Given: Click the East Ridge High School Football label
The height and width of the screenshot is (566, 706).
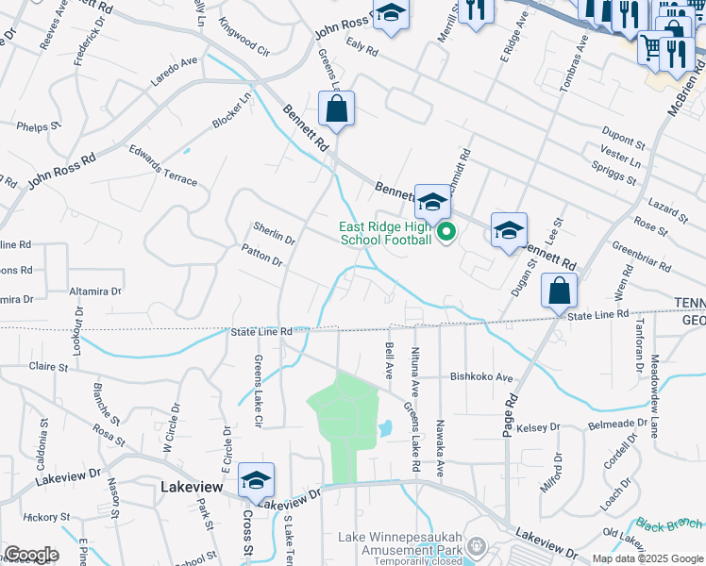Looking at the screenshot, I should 386,233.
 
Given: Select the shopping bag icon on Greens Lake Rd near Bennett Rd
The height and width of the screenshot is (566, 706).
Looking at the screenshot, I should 336,110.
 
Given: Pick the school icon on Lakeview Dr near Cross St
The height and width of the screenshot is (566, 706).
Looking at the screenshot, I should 256,482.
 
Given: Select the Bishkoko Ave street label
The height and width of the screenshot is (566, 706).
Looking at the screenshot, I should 481,375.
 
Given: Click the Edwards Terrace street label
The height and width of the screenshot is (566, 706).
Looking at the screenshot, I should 164,166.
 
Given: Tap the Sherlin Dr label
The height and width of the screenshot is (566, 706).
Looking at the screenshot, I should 275,232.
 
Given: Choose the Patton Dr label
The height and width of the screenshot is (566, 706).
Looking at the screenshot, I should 262,254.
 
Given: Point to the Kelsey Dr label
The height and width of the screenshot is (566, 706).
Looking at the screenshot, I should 539,428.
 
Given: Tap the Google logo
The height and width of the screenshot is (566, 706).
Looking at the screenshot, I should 30,555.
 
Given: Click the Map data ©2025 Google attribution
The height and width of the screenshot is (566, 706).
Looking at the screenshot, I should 647,558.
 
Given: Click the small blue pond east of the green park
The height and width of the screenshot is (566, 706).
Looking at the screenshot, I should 386,428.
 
